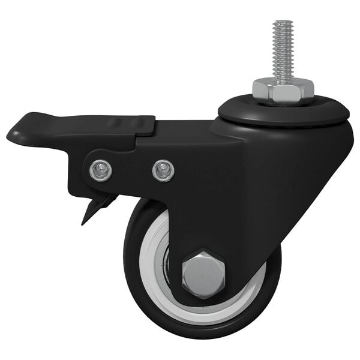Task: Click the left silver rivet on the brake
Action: (100, 171)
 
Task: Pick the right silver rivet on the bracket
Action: (163, 170)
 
